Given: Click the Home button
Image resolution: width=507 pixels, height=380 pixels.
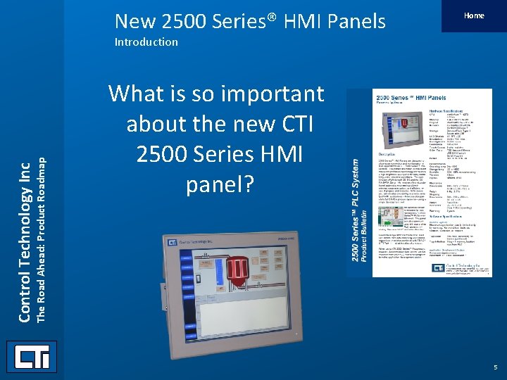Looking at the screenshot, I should tap(474, 15).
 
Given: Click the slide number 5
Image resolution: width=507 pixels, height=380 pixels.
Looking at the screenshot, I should tap(495, 367).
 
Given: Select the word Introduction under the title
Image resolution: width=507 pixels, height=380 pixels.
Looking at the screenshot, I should tap(146, 42).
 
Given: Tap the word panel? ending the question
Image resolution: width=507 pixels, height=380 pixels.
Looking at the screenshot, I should tap(216, 184).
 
